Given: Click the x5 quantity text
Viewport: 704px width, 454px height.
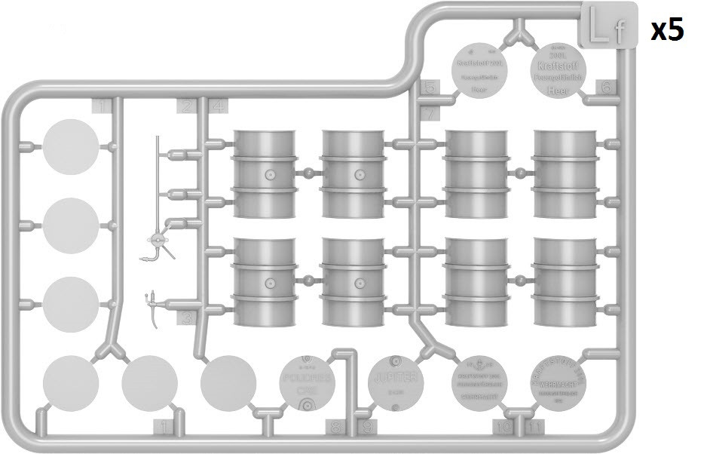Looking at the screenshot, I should click(x=667, y=30).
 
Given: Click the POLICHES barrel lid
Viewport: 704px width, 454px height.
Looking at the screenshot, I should click(x=308, y=382).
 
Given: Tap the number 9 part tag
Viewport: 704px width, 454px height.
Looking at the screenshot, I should click(x=367, y=428).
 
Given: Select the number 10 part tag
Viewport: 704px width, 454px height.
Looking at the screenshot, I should click(x=502, y=428).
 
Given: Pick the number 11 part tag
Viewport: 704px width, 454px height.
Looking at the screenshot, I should click(x=534, y=428).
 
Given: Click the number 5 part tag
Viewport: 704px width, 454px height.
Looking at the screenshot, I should click(x=430, y=87).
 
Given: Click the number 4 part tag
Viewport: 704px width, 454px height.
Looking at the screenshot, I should click(x=218, y=106).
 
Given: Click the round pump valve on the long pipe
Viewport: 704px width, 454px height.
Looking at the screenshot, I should click(x=158, y=240).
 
